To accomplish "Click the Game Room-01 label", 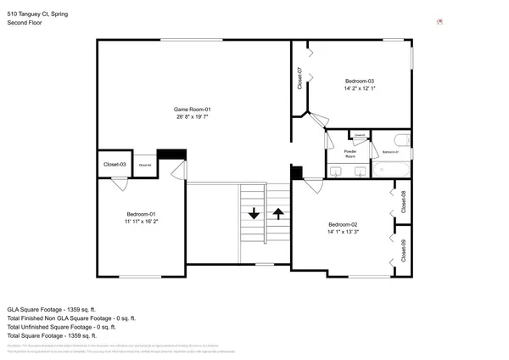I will coord(192,110).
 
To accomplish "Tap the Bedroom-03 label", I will coord(359,81).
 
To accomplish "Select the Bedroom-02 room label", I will coord(344,224).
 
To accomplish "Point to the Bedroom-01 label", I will coord(142,213).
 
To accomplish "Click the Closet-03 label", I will coord(115,164).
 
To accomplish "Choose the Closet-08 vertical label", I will coord(402,202).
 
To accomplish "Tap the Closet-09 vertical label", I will coord(402,251).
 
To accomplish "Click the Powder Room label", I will coord(350,155).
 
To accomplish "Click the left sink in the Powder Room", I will coord(336,172).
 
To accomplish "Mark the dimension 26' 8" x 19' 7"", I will coord(192,117).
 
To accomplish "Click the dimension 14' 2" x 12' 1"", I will coord(359,88).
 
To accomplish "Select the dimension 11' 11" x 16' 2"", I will coord(142,221).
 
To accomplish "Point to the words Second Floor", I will coord(25,23).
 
